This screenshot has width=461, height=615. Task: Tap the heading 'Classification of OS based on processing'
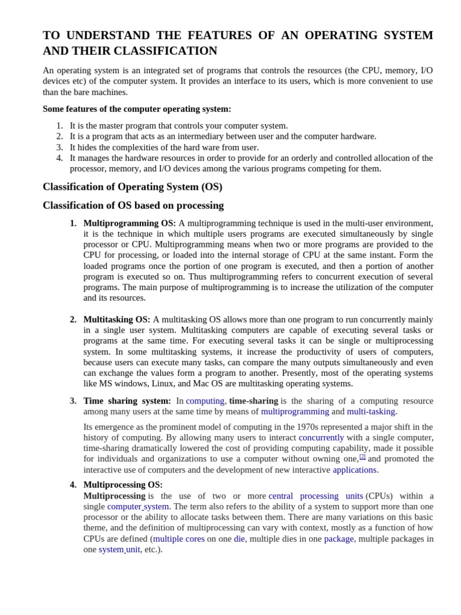point(133,205)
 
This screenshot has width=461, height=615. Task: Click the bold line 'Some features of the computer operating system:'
point(137,109)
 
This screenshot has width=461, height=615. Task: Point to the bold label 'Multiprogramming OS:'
point(130,223)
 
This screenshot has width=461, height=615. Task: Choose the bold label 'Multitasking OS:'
point(116,320)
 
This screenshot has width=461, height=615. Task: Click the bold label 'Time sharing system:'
point(127,401)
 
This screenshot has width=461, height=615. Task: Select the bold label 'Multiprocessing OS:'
point(122,485)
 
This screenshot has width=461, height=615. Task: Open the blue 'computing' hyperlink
point(205,401)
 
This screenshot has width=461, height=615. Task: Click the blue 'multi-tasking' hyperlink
point(371,411)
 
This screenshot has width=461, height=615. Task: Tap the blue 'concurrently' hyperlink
point(321,437)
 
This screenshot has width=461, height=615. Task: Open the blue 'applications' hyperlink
point(354,470)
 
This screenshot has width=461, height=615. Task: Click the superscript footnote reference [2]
point(363,456)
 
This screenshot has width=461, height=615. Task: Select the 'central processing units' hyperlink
point(315,496)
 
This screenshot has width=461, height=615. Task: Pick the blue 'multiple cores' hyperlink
point(178,539)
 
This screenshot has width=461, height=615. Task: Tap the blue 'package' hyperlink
point(339,539)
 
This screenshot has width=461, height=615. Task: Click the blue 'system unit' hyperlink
point(119,550)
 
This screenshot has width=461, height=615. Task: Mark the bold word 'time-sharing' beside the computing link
point(253,401)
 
